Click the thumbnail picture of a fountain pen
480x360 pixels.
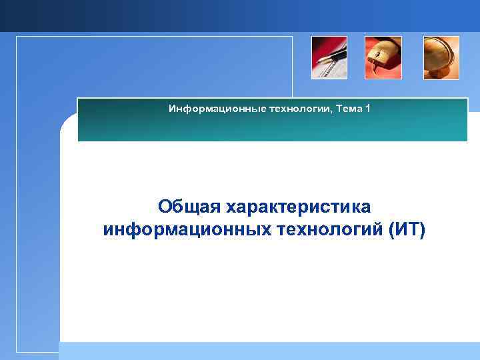tap(329, 58)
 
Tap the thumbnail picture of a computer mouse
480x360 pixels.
tap(383, 58)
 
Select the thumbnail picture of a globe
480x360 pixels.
tap(441, 58)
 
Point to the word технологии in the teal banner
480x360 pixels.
tap(283, 108)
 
